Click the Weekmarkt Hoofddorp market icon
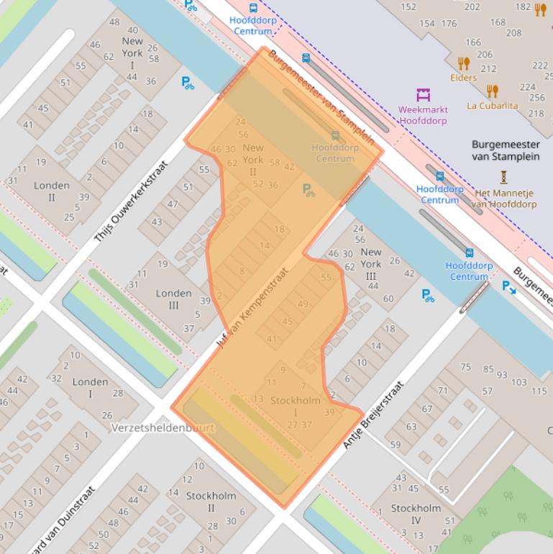tap(423, 94)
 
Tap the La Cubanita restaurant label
tap(492, 105)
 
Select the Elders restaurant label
tap(463, 77)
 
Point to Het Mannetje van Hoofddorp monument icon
tap(504, 176)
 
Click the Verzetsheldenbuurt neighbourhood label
tap(163, 427)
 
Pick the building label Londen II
tap(52, 191)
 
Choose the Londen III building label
tap(174, 299)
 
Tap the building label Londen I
tap(91, 388)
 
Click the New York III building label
tap(371, 264)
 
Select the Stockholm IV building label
tap(416, 514)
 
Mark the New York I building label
tap(132, 53)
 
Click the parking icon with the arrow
tap(508, 287)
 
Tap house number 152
tap(408, 7)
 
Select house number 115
tap(539, 391)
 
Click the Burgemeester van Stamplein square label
tap(506, 150)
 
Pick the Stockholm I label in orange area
tap(295, 407)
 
